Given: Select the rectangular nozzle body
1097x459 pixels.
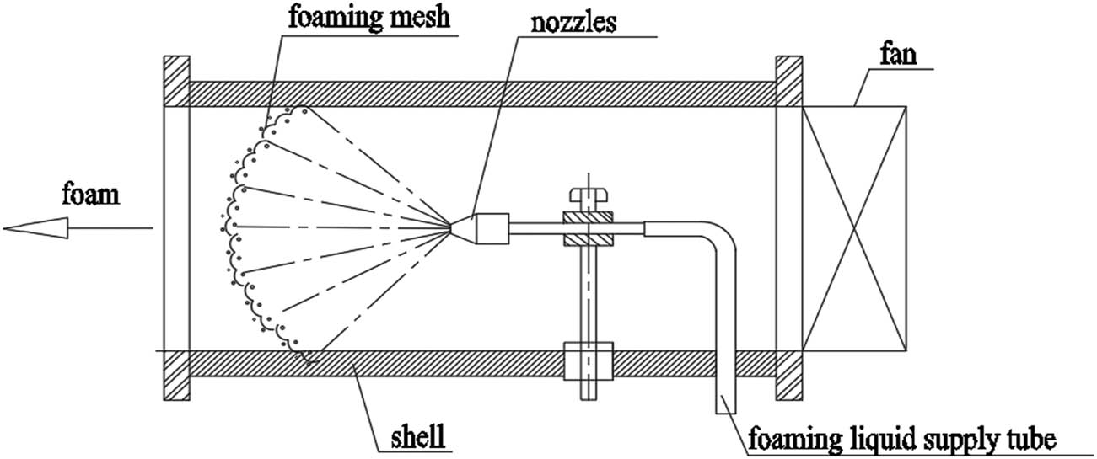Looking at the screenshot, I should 492,228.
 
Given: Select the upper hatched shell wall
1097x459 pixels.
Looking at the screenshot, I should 481,93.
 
